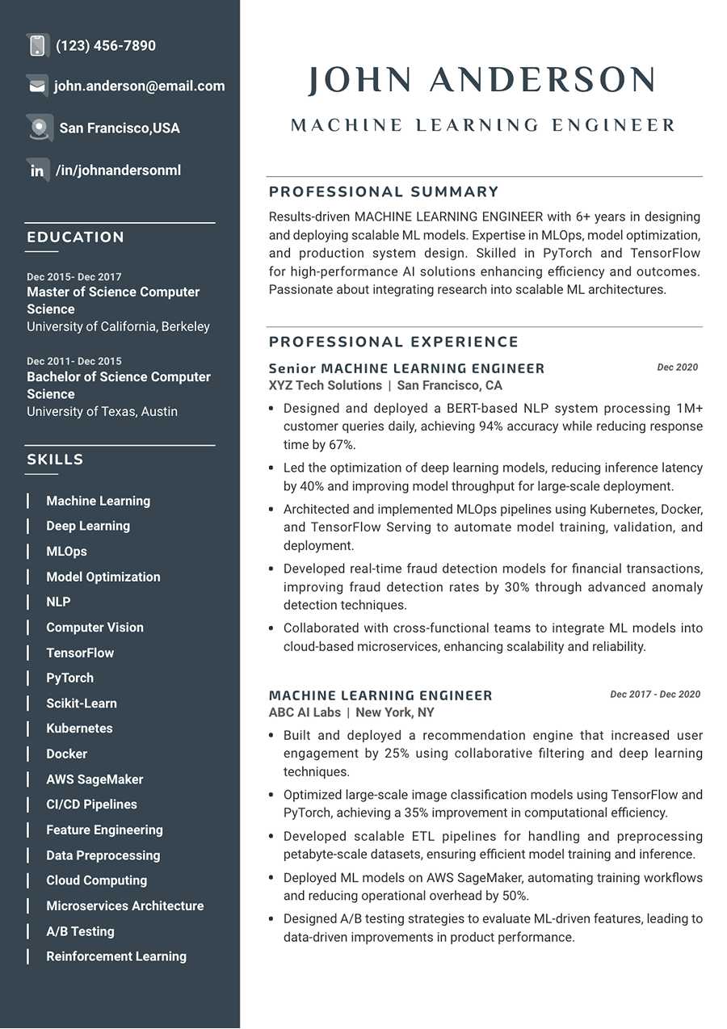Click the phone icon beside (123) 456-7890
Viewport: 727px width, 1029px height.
37,46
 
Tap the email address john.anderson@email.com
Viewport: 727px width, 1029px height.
139,86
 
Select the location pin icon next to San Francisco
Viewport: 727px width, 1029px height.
39,128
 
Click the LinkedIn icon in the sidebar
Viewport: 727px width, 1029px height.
37,170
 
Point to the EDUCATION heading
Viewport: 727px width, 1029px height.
76,237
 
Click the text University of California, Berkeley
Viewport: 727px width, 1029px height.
118,327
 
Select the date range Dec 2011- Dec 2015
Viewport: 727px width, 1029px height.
74,361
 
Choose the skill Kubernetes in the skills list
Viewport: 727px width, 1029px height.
79,729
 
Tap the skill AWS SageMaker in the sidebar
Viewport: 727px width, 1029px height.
95,779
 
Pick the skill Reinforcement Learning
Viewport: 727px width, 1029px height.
116,956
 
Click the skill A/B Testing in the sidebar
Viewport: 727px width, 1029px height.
80,931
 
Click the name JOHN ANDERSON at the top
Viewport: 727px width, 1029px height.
481,81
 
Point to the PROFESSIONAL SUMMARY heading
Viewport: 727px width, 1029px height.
384,192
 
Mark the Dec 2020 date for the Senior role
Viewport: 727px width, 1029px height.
677,367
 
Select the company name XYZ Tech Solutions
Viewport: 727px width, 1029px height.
326,386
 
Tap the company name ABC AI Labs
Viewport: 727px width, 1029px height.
305,712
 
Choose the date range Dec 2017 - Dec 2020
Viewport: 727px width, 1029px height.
655,695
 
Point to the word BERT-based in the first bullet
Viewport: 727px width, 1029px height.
473,409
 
